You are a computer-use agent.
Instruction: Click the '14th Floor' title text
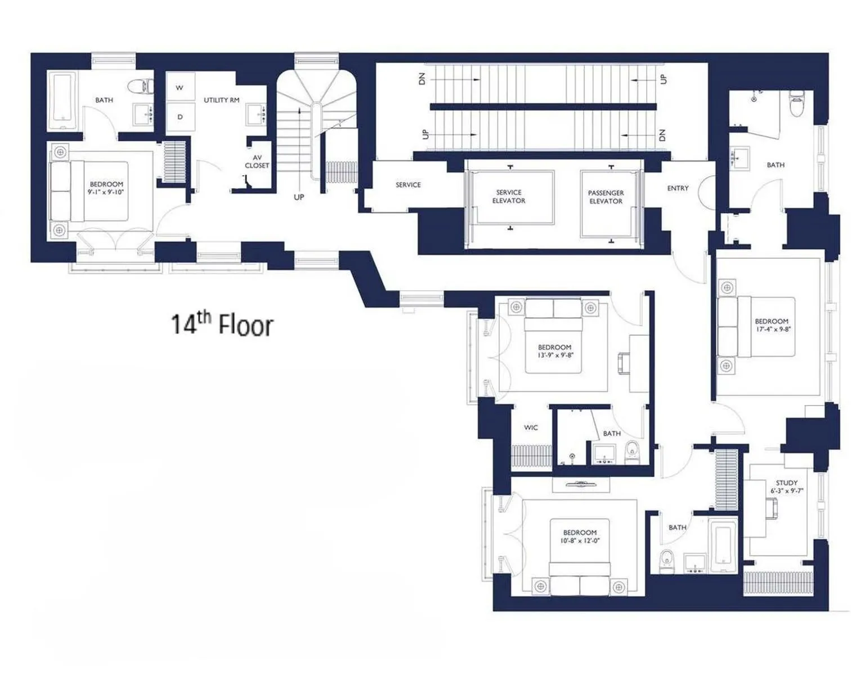click(x=222, y=325)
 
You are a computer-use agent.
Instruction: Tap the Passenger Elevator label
click(x=606, y=197)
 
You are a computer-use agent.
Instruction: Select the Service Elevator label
click(x=509, y=196)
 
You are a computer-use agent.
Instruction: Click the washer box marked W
click(x=180, y=88)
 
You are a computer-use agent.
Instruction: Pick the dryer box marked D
click(x=180, y=117)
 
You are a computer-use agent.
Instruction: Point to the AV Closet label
click(x=257, y=162)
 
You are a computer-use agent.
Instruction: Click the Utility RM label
click(x=221, y=100)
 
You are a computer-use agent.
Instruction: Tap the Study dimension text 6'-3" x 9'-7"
click(x=786, y=490)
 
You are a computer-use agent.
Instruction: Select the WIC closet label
click(x=531, y=427)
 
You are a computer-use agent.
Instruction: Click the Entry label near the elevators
click(x=678, y=188)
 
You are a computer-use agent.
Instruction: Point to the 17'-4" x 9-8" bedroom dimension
click(x=771, y=329)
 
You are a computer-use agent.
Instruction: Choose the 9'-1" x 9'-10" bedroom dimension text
click(x=106, y=192)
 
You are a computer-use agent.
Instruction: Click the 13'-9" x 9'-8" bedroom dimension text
click(x=554, y=355)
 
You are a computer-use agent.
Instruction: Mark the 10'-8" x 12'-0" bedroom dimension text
click(x=580, y=541)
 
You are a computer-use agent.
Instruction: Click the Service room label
click(x=408, y=184)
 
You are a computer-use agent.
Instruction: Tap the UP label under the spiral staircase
click(x=299, y=197)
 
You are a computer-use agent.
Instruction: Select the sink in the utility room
click(x=257, y=115)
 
